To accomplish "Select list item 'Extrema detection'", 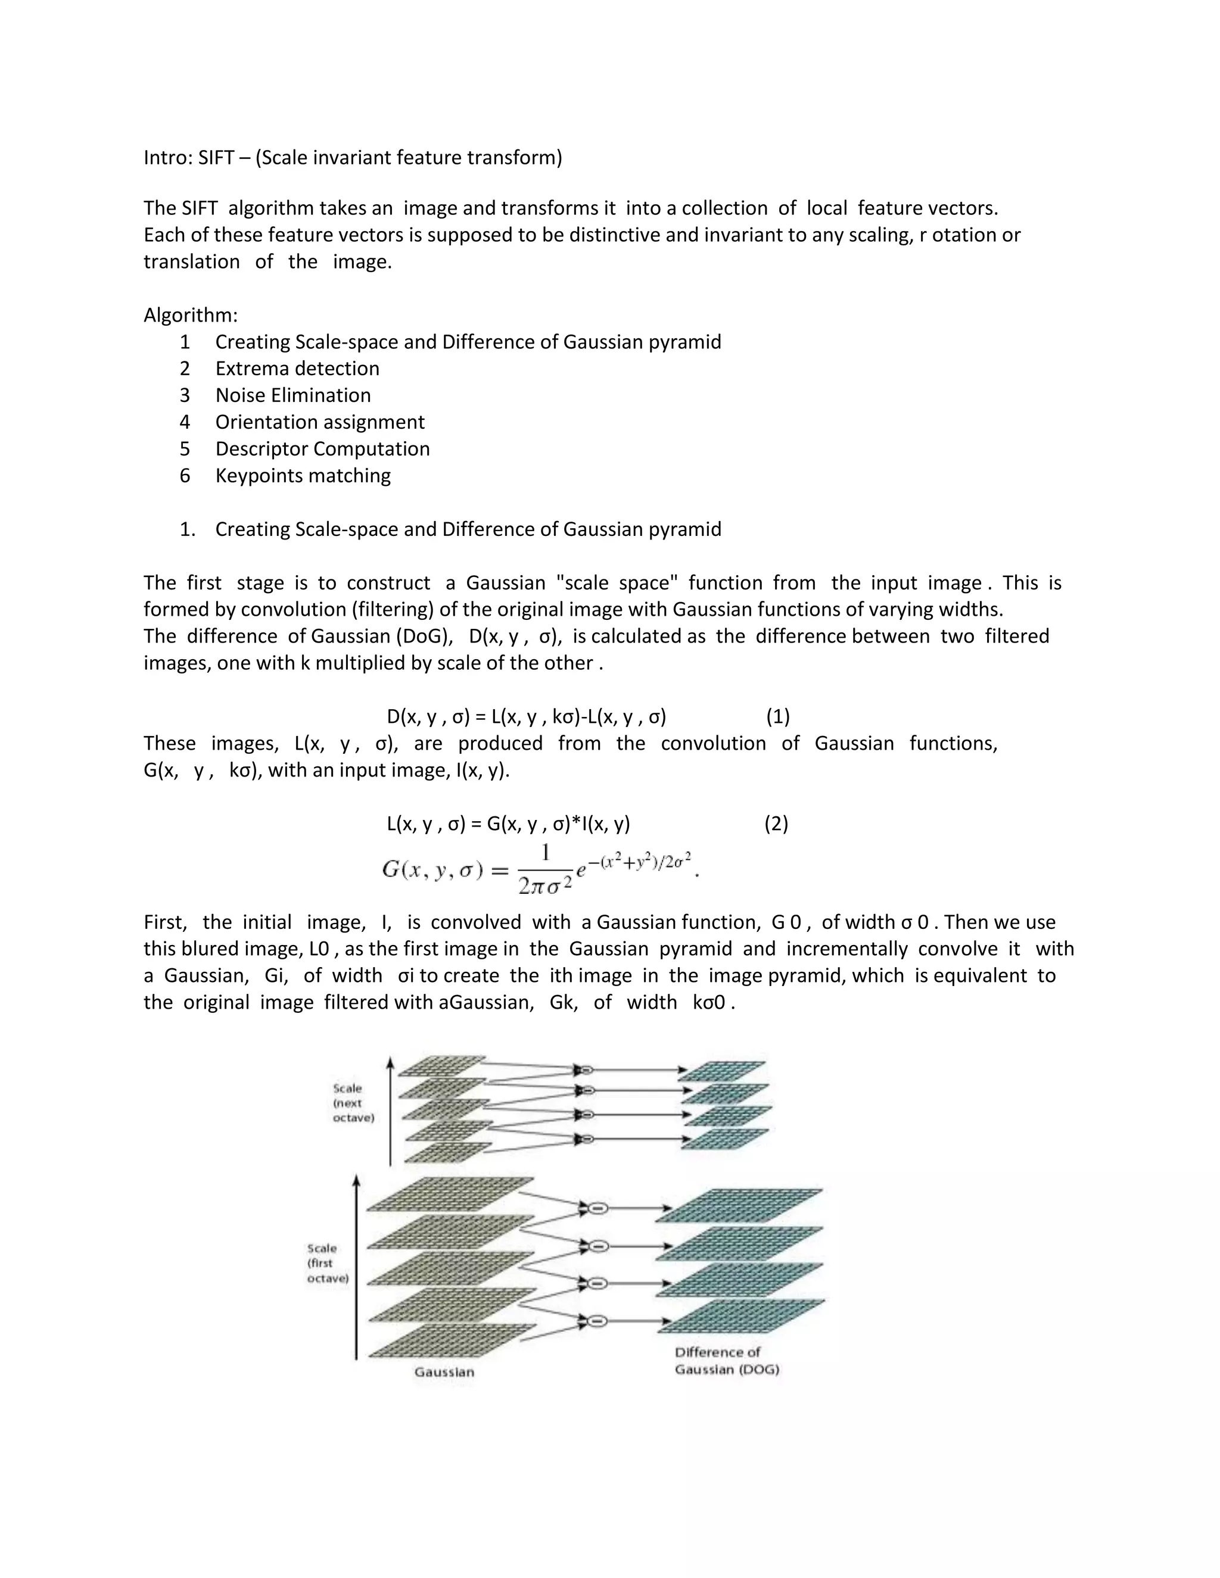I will [297, 369].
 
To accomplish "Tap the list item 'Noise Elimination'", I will [292, 395].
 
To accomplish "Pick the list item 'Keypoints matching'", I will [303, 475].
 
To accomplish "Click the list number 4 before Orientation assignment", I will [185, 422].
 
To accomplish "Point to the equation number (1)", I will [777, 717].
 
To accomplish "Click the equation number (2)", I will [776, 824].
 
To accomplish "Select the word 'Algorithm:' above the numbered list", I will [190, 315].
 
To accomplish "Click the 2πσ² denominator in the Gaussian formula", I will [545, 885].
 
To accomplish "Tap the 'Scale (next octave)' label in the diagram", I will [353, 1103].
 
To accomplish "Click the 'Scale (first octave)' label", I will [328, 1263].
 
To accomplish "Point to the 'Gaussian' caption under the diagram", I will [444, 1371].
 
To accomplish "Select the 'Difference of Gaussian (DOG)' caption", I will [726, 1361].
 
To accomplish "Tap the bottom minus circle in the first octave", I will [597, 1321].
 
